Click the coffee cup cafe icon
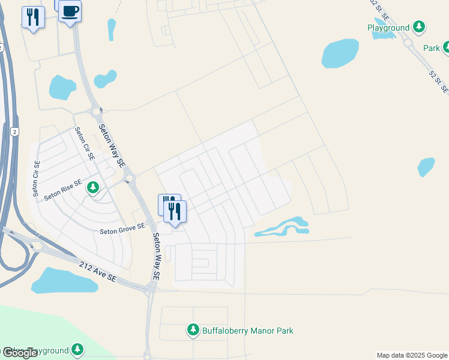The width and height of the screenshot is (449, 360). click(70, 11)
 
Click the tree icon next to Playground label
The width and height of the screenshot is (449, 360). click(419, 27)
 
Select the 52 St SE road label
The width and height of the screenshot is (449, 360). click(438, 80)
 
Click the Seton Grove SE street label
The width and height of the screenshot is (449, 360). click(122, 228)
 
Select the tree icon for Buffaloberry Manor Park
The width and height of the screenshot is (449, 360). click(193, 329)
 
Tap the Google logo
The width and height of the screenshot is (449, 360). click(20, 353)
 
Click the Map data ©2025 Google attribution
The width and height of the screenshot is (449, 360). click(412, 355)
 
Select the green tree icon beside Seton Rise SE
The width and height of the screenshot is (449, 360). click(93, 188)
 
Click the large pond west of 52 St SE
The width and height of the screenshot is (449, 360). click(340, 53)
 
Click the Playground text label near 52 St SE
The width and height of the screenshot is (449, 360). click(388, 28)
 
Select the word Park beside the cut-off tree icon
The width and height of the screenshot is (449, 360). click(432, 48)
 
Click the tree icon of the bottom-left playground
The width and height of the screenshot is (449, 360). click(77, 349)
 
